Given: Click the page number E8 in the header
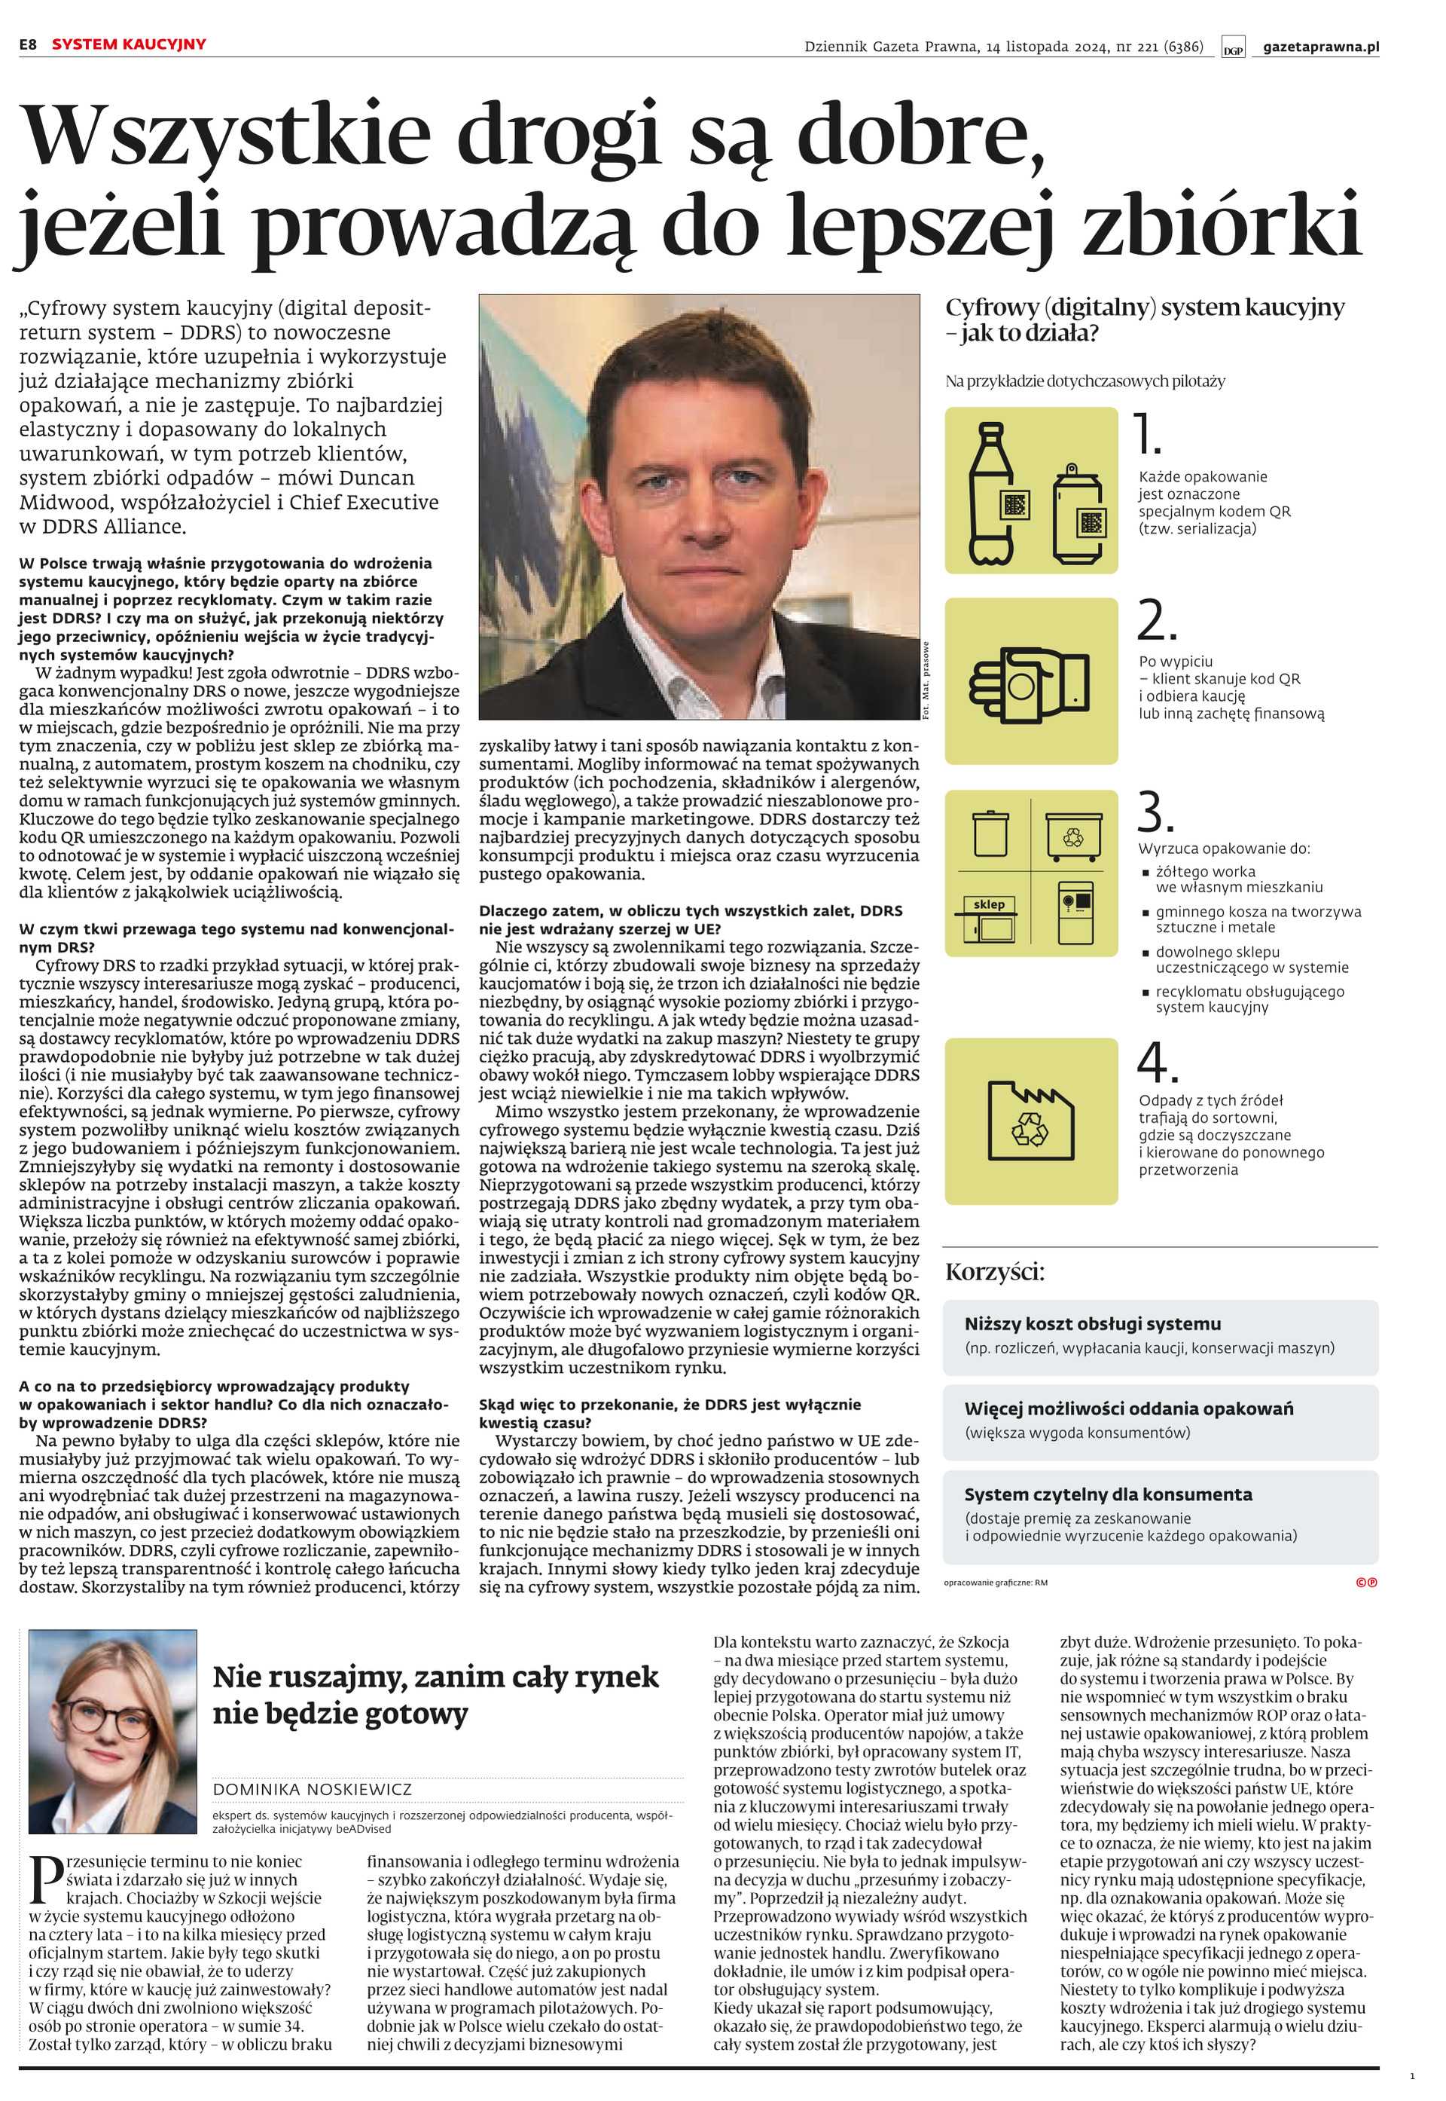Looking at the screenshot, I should click(x=28, y=44).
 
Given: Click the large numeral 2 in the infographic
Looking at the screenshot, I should click(x=1156, y=622).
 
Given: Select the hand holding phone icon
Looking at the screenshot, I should click(x=1030, y=680).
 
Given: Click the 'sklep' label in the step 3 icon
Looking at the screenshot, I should click(x=988, y=904).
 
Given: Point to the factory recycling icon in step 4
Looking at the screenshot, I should click(x=1031, y=1121).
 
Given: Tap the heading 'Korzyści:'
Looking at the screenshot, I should click(x=994, y=1271).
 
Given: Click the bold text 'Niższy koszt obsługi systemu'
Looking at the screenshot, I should click(x=1092, y=1324).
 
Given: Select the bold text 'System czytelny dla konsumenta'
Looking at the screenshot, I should click(x=1107, y=1494).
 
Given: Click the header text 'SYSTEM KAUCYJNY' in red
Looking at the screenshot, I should click(x=129, y=44).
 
